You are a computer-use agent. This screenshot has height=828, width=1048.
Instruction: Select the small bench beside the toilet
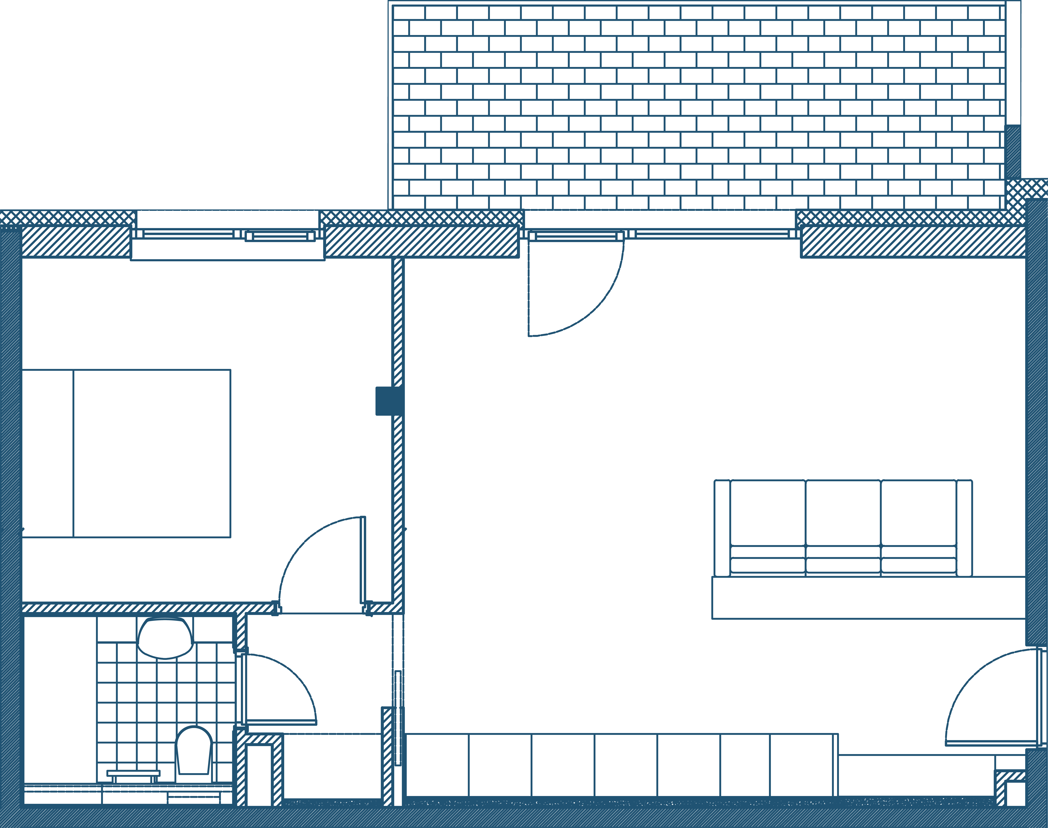click(133, 773)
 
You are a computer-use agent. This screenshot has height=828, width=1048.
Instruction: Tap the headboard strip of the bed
click(47, 453)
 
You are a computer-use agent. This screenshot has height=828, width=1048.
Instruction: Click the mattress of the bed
click(152, 453)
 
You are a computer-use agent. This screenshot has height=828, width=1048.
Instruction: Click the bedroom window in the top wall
click(228, 235)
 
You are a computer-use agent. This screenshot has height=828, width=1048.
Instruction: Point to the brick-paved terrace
click(698, 107)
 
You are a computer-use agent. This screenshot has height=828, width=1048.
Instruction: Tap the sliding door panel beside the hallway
click(398, 718)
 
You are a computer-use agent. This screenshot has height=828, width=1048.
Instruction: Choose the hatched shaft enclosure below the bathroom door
click(259, 771)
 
